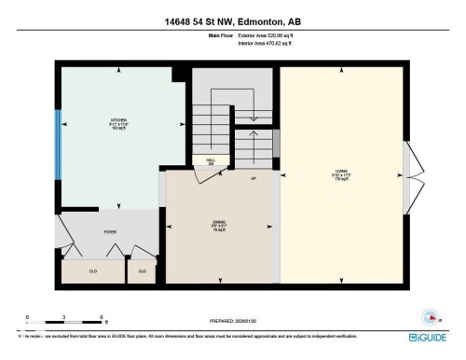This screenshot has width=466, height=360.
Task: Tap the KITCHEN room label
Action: (119, 121)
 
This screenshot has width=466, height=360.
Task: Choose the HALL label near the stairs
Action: (211, 160)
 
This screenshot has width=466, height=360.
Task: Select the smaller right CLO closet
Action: (143, 270)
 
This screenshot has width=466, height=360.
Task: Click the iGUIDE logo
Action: (427, 337)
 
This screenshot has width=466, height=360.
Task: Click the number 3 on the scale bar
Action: (62, 318)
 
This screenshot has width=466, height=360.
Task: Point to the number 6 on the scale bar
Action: (100, 318)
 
